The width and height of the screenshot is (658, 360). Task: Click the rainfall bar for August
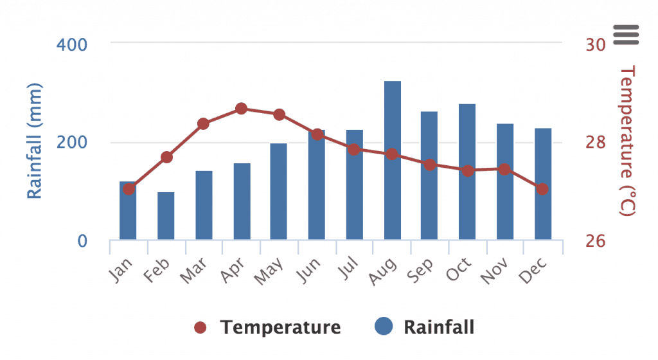392,161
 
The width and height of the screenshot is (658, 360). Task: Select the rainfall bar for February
166,216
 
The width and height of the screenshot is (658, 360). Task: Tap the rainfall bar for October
467,172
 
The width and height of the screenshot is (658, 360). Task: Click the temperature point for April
241,109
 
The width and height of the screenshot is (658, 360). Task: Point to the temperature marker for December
542,189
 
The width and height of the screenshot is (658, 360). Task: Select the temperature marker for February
166,157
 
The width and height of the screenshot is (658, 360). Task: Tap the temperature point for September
429,165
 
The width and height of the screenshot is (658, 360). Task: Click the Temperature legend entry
267,327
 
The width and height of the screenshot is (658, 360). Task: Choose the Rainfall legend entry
425,327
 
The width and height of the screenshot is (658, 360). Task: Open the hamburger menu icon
626,35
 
